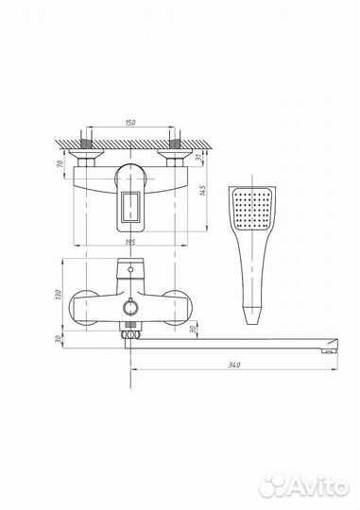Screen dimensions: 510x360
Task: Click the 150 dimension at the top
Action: click(129, 122)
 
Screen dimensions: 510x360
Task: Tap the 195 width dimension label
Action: click(129, 244)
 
